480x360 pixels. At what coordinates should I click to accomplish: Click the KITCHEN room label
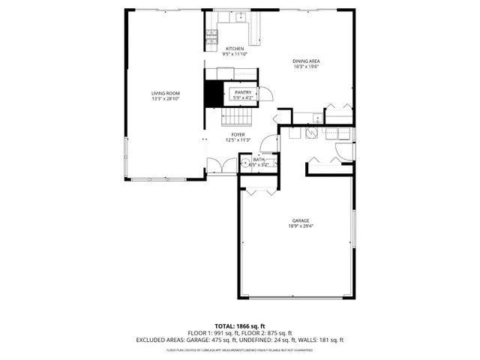(234, 49)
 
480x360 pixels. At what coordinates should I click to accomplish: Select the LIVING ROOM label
(166, 93)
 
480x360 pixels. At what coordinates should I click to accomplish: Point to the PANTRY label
(243, 92)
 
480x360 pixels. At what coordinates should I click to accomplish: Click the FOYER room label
(238, 134)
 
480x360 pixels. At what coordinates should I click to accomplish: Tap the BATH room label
(259, 159)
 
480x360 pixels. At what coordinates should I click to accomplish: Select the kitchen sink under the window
(241, 16)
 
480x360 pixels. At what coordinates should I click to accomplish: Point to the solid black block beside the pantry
(215, 94)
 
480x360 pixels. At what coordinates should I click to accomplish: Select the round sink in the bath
(245, 163)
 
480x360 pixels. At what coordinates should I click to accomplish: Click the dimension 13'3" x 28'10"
(166, 99)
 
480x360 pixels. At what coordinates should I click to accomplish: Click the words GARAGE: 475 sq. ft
(217, 340)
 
